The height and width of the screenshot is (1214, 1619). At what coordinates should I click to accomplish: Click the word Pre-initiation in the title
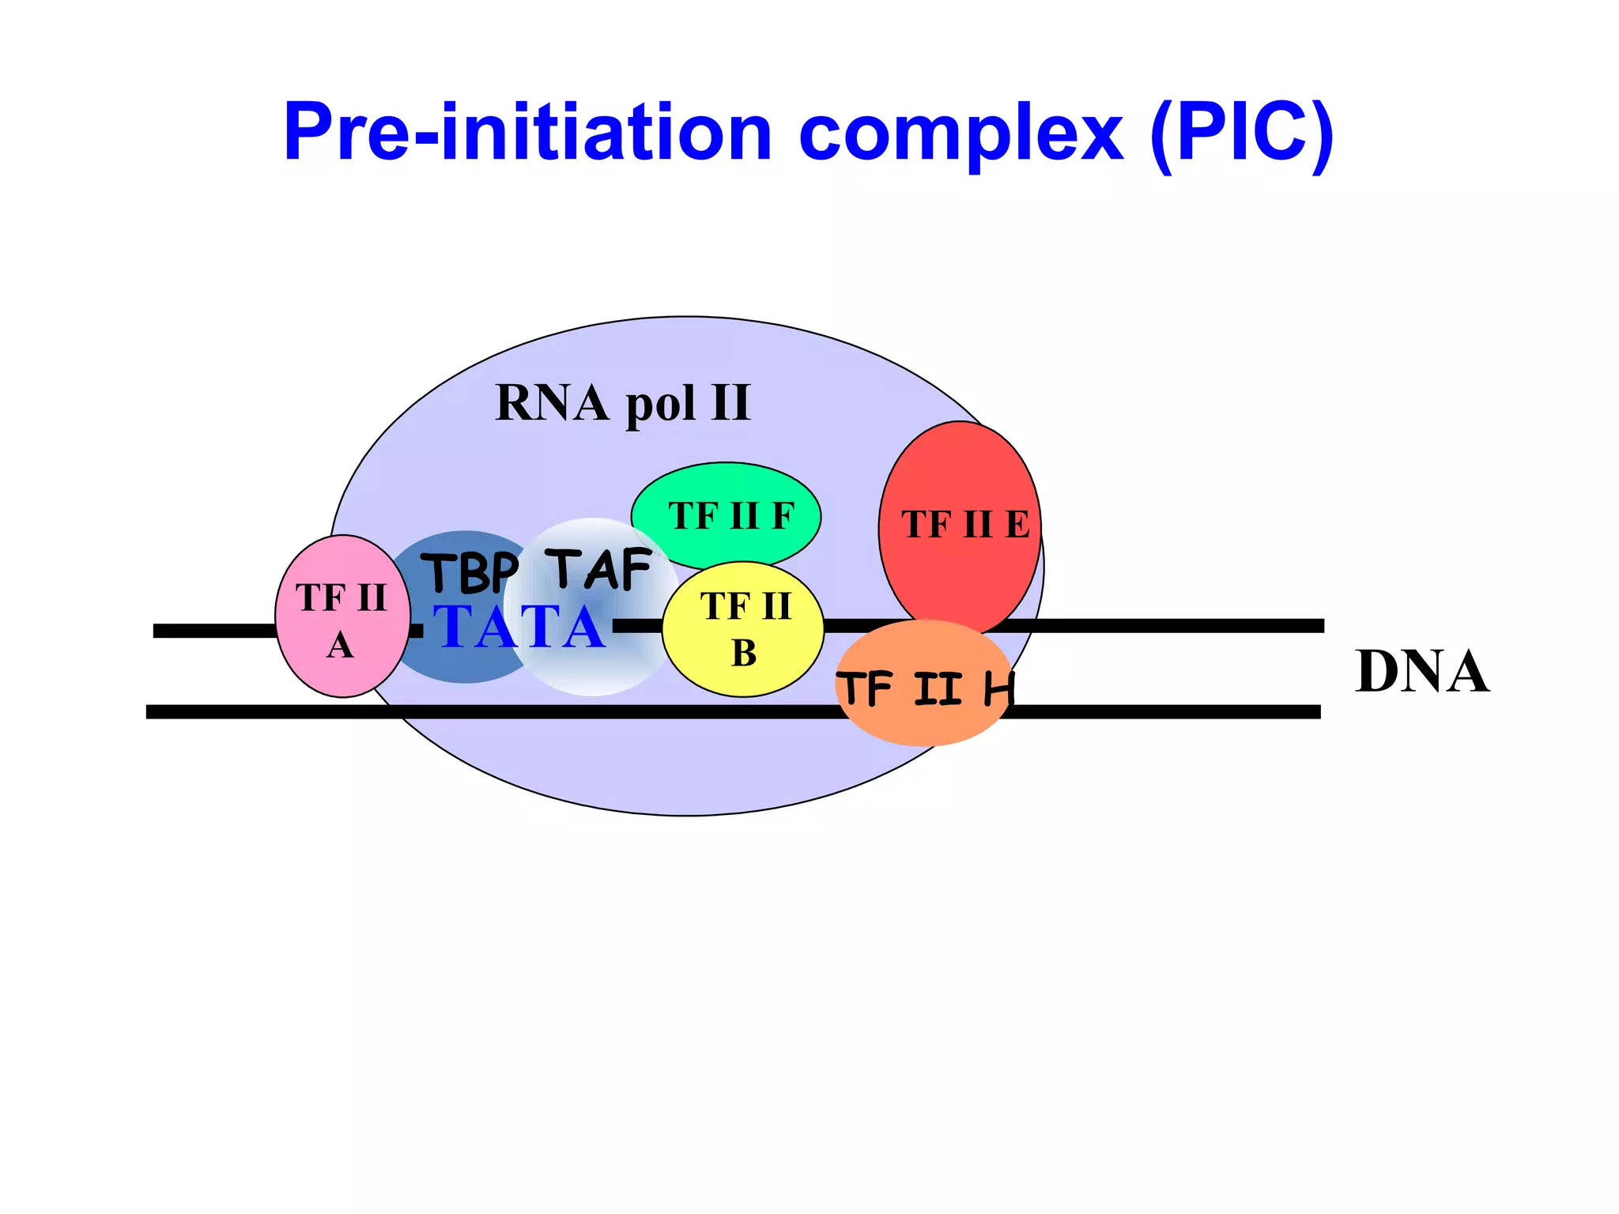click(x=526, y=133)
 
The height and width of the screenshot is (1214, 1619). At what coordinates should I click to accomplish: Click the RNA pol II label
click(x=622, y=403)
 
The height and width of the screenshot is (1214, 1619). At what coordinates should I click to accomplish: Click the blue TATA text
click(x=520, y=628)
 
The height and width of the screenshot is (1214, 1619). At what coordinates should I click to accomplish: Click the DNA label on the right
click(x=1421, y=672)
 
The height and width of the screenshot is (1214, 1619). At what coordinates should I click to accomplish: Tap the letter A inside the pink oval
click(x=340, y=646)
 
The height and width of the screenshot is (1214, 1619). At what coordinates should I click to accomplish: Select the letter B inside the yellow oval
click(x=744, y=654)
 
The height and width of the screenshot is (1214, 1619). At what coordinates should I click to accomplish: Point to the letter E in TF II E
click(x=1017, y=526)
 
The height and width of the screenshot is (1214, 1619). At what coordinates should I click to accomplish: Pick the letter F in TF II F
click(x=783, y=516)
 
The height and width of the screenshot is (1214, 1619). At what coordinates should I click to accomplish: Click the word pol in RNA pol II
click(x=661, y=406)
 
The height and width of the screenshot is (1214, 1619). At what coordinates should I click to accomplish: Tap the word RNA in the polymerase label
click(x=552, y=403)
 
